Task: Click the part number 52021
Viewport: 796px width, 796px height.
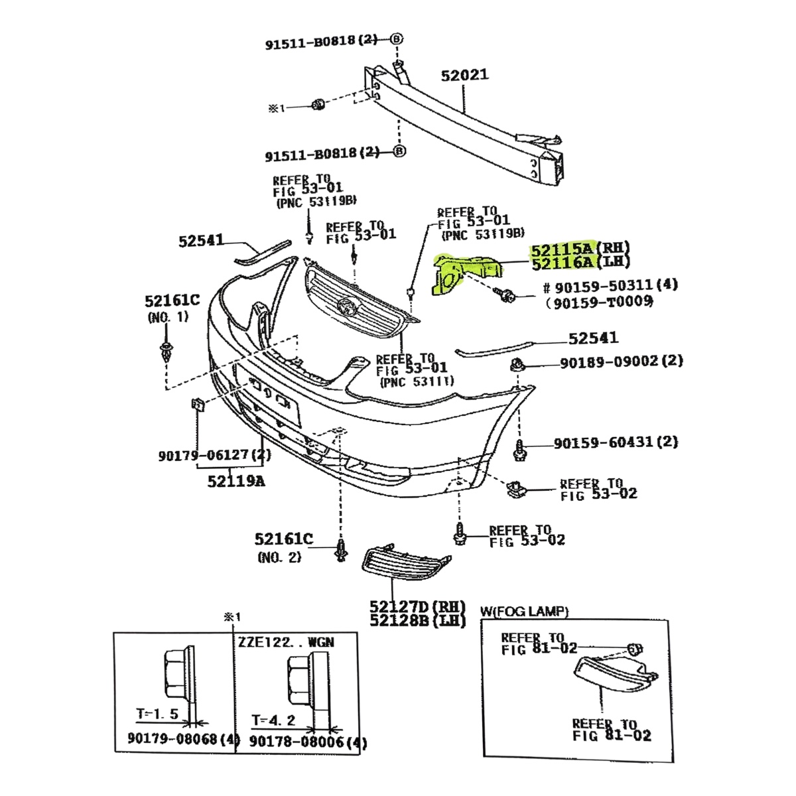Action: [x=464, y=75]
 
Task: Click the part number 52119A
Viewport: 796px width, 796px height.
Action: [x=235, y=481]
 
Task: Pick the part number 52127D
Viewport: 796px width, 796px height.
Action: [x=399, y=606]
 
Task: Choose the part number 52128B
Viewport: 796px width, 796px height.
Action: [x=399, y=620]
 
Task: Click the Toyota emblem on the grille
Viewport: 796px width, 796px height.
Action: [x=346, y=306]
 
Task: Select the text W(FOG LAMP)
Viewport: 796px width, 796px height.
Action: [x=524, y=611]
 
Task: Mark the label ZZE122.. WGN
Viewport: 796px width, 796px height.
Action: [x=287, y=642]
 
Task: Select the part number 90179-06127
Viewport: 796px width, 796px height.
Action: [x=203, y=456]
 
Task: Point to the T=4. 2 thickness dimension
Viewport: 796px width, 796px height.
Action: [x=273, y=720]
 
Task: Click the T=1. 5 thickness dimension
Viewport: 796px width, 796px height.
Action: [x=157, y=714]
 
